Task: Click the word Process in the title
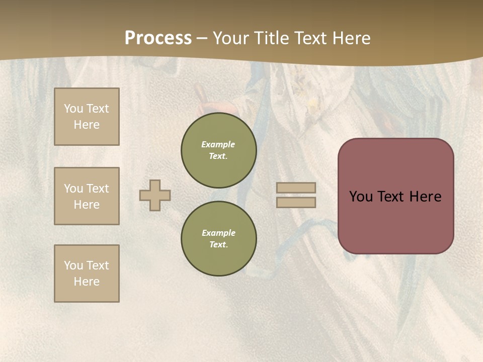[158, 38]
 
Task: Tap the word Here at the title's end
[351, 38]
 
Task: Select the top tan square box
[87, 117]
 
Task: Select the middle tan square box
[87, 196]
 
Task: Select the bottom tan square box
[87, 274]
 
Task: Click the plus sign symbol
[155, 196]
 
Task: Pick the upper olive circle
[219, 150]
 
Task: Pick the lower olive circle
[219, 239]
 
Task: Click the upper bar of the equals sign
[296, 188]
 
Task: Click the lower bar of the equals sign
[296, 203]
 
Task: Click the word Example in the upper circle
[218, 144]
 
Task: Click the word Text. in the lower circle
[218, 245]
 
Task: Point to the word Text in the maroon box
[392, 197]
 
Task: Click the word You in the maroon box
[361, 197]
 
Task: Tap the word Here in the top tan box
[87, 125]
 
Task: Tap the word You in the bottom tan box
[73, 265]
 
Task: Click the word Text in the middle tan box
[98, 189]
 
